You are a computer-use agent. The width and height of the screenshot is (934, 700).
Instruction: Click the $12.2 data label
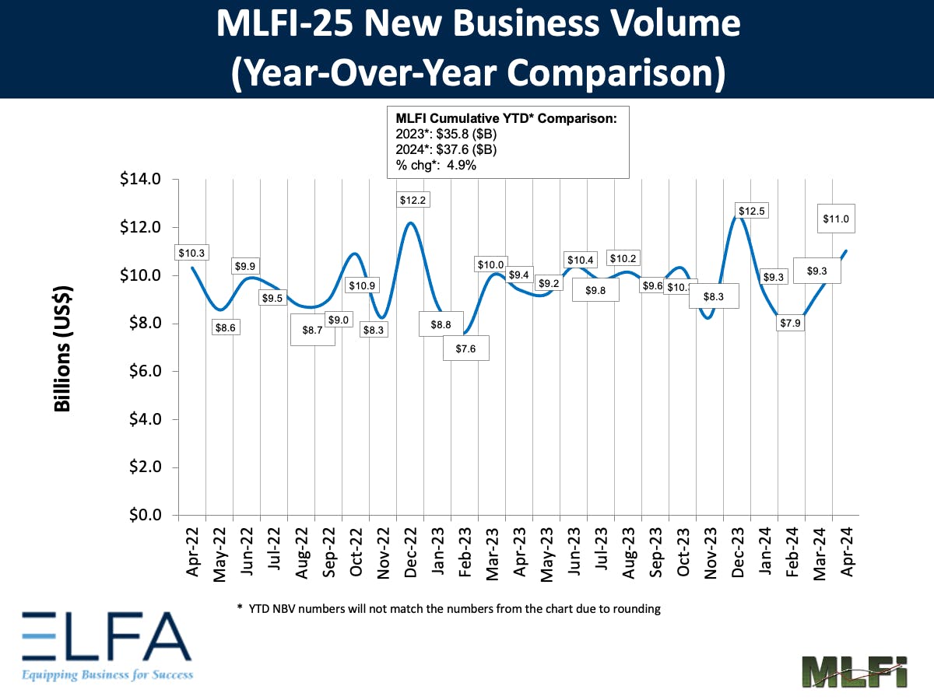[x=413, y=200]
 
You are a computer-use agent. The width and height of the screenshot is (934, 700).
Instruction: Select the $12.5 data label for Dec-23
[x=751, y=212]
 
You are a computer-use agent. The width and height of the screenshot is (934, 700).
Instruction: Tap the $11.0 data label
[x=837, y=219]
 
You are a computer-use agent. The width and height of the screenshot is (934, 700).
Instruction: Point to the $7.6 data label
[x=465, y=349]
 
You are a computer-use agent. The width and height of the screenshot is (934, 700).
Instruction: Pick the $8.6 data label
[x=224, y=327]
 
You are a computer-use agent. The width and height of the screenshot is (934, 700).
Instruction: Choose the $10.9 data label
[x=360, y=285]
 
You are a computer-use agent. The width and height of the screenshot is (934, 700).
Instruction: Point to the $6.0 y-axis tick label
[x=142, y=372]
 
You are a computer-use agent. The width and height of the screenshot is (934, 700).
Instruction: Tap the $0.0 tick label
[x=142, y=516]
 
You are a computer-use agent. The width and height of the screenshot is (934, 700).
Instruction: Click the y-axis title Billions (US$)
[x=63, y=348]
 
